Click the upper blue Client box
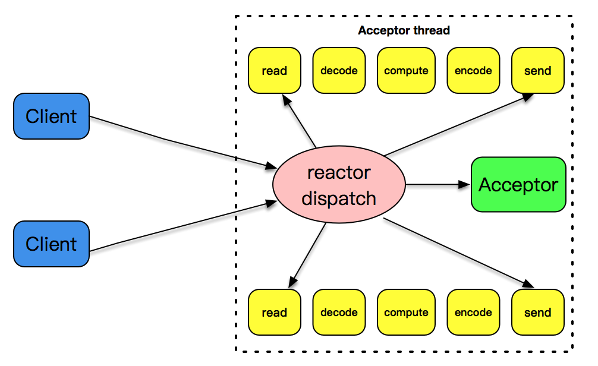[x=51, y=116]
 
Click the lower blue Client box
[x=51, y=244]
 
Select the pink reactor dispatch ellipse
[x=339, y=185]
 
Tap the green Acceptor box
[x=518, y=185]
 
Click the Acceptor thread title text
[x=404, y=30]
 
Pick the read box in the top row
[x=274, y=71]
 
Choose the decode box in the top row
[x=339, y=71]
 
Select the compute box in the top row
[x=406, y=71]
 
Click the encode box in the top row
[x=473, y=71]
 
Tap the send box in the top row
[x=537, y=71]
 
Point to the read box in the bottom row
[x=274, y=313]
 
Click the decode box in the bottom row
[x=339, y=313]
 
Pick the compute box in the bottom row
[x=406, y=313]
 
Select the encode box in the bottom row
[x=473, y=313]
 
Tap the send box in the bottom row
[x=537, y=313]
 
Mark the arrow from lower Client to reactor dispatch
[x=178, y=228]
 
